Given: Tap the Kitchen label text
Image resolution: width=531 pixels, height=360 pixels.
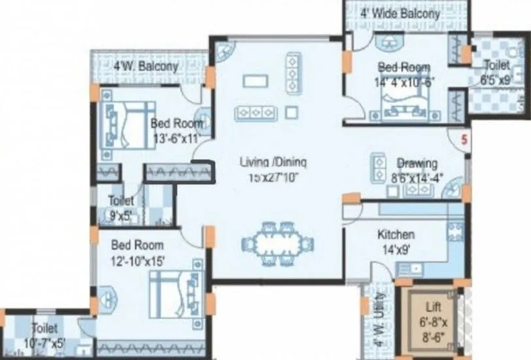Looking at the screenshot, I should [396, 235].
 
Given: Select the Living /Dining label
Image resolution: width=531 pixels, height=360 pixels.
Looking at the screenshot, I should [273, 163].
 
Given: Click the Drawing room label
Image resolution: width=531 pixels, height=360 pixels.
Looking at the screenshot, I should [417, 163].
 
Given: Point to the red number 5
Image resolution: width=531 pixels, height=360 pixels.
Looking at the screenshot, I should [464, 139].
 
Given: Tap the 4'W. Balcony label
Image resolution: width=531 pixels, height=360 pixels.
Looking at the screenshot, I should [146, 67].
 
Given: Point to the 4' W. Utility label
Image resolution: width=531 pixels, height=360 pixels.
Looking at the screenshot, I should [381, 320].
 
